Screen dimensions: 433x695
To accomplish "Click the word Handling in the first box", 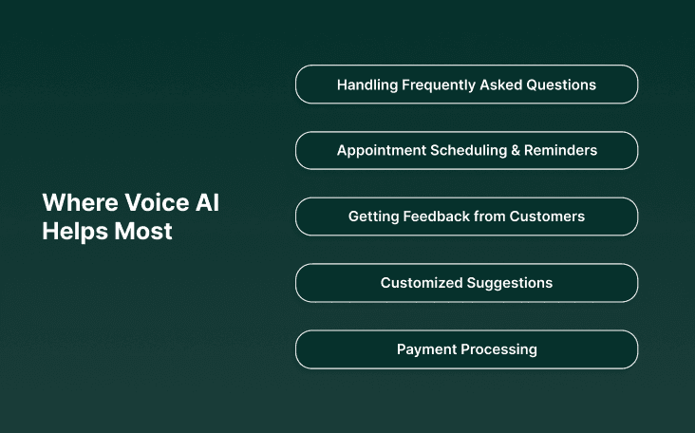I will point(366,85).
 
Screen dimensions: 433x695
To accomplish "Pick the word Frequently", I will point(440,85).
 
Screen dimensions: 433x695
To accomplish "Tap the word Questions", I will point(560,85).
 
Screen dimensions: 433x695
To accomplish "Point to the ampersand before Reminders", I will point(517,150).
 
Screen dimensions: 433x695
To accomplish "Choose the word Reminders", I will point(560,150).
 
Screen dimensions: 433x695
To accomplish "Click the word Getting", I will point(373,216).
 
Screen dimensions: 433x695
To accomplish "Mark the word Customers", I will point(547,216).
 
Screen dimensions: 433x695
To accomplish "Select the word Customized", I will point(422,283).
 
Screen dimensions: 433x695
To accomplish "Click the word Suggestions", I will point(510,283).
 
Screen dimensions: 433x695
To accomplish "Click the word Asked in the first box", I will point(501,85).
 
